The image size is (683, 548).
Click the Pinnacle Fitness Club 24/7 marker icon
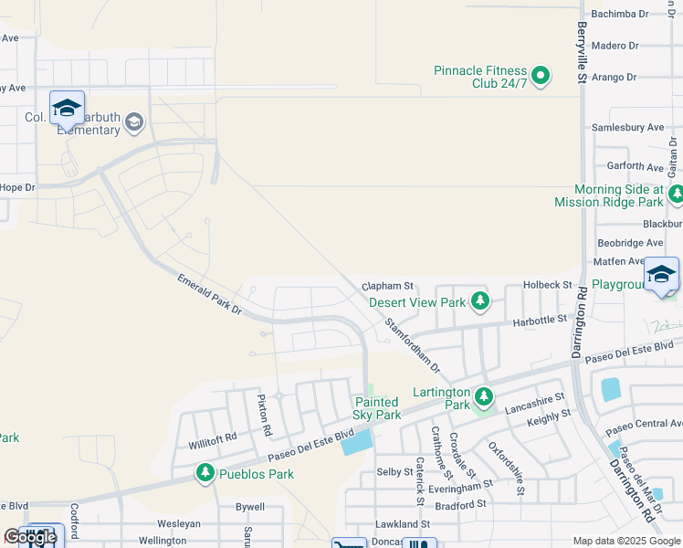tap(541, 76)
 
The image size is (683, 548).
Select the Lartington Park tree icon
tap(483, 396)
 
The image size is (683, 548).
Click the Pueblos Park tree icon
tap(205, 473)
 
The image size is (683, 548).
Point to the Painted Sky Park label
tap(377, 408)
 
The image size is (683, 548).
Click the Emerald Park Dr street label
tap(209, 294)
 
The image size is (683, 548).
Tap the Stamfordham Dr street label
tap(412, 345)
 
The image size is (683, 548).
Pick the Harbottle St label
tap(541, 321)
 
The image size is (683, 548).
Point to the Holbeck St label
tap(546, 286)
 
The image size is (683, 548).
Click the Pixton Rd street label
tap(264, 415)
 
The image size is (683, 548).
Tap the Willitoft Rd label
tap(212, 437)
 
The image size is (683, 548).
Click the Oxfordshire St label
tap(507, 469)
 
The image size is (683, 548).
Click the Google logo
tap(29, 537)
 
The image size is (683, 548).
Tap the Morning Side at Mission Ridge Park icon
tap(676, 194)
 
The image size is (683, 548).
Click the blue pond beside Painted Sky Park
tap(356, 442)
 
